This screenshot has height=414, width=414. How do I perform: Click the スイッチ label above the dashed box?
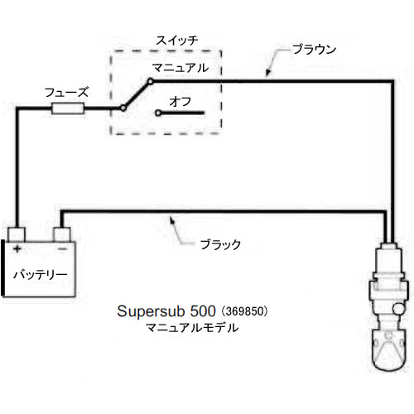(177, 41)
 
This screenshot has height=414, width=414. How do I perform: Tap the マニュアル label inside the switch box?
(181, 68)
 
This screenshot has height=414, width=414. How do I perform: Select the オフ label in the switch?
(181, 102)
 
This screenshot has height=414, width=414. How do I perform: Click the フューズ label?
(66, 93)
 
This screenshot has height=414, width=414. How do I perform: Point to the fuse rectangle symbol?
(68, 108)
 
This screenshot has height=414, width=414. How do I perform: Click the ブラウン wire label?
(314, 50)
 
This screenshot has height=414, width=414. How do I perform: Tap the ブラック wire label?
(220, 245)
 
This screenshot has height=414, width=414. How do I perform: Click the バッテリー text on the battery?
(41, 275)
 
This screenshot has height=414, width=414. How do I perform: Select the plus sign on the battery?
(17, 249)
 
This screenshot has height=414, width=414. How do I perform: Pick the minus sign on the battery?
(62, 249)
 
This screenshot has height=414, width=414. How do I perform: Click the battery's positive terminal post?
(17, 234)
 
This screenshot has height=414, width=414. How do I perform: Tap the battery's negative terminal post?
(62, 234)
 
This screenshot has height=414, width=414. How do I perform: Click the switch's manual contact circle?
(150, 81)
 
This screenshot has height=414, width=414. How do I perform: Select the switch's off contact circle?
(158, 113)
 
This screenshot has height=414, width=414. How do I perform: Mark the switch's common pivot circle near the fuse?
(123, 108)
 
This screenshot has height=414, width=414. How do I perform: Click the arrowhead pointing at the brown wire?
(267, 72)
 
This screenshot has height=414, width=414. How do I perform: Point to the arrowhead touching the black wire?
(172, 220)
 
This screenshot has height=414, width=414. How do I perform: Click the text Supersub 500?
(166, 311)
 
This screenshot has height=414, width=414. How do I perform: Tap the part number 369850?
(243, 311)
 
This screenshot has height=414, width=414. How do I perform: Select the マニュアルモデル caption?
(192, 328)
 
